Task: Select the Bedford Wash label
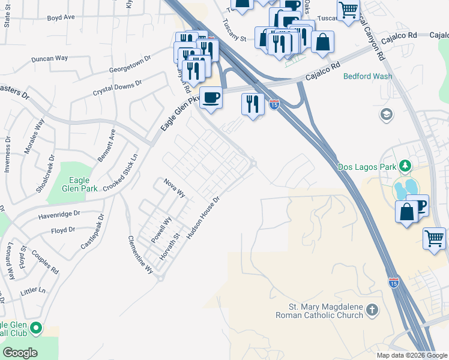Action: click(367, 76)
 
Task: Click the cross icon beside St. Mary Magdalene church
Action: click(372, 310)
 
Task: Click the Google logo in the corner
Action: click(20, 353)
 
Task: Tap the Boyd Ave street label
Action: click(61, 17)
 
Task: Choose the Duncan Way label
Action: click(50, 59)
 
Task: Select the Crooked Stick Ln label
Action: click(120, 172)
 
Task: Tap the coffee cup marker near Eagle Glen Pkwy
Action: click(210, 97)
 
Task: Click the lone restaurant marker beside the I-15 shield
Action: click(253, 104)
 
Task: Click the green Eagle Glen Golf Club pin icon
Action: click(36, 328)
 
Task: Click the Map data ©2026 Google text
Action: click(411, 355)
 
